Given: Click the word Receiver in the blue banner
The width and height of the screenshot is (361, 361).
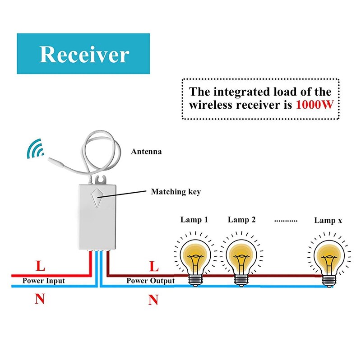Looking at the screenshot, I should pyautogui.click(x=84, y=54).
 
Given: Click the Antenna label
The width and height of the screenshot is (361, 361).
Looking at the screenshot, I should pyautogui.click(x=146, y=152).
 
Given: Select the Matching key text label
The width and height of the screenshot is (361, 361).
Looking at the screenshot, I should pyautogui.click(x=176, y=192).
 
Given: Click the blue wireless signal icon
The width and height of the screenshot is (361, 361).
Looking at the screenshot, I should pyautogui.click(x=34, y=148).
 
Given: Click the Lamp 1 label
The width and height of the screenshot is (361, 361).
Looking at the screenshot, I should pyautogui.click(x=194, y=220).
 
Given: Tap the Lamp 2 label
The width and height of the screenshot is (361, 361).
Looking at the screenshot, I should pyautogui.click(x=242, y=220).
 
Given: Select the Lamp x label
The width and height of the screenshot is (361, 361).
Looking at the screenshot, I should pyautogui.click(x=328, y=220).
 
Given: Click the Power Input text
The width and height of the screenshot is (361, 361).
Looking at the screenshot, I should pyautogui.click(x=44, y=281).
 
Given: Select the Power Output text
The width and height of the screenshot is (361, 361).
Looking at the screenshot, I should pyautogui.click(x=150, y=281).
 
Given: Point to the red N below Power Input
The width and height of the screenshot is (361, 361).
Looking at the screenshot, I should pyautogui.click(x=40, y=299).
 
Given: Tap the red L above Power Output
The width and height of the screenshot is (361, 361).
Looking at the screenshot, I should pyautogui.click(x=153, y=266).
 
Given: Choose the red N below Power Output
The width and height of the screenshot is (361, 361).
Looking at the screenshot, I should pyautogui.click(x=153, y=299).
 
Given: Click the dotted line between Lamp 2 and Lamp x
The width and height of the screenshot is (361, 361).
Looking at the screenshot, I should pyautogui.click(x=286, y=221).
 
